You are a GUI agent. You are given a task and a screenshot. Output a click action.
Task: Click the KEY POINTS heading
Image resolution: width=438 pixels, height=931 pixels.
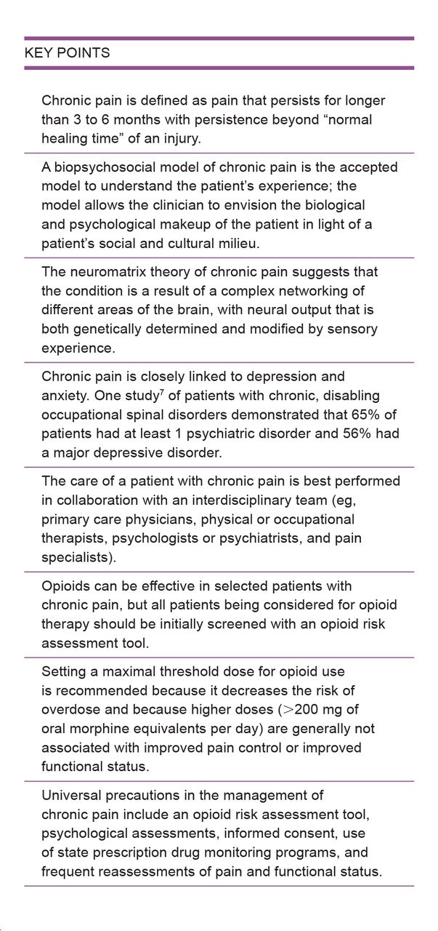pyautogui.click(x=68, y=53)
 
